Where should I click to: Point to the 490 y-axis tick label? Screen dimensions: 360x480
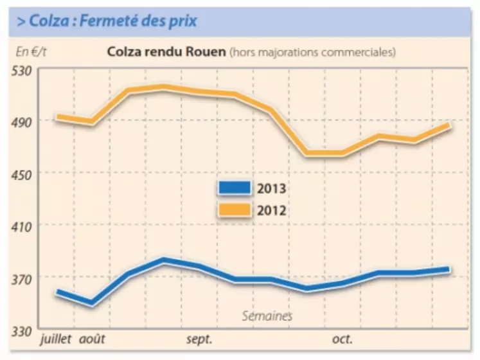(22, 120)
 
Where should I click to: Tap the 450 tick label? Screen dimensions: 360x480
(22, 172)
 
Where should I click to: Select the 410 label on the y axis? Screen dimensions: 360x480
(22, 225)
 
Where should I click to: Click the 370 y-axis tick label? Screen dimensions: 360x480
(22, 277)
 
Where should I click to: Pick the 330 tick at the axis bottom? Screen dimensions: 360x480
(22, 330)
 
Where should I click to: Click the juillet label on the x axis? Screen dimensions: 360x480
(57, 339)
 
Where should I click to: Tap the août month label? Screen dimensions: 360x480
(92, 339)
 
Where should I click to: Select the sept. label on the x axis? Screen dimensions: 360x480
(199, 339)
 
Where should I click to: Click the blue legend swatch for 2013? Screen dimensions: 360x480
(235, 188)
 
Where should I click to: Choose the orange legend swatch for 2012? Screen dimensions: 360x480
(235, 209)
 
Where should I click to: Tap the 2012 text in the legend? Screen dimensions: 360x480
(271, 210)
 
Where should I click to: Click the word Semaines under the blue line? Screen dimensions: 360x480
(267, 316)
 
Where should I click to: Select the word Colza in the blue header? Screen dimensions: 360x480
(42, 21)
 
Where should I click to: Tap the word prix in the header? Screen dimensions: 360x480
(182, 21)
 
